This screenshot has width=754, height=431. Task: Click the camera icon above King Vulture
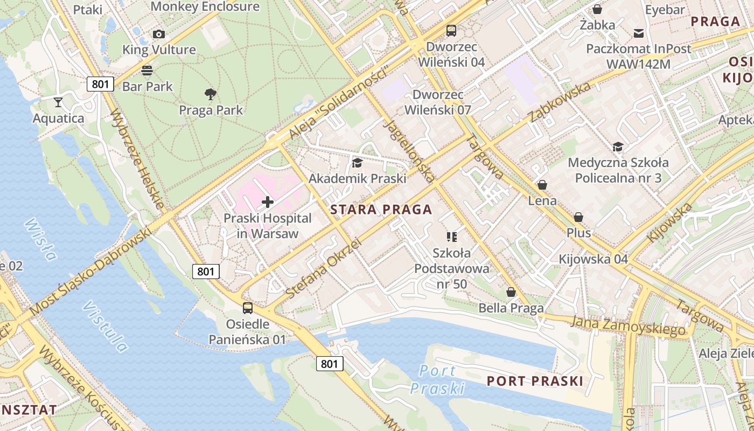pos(158,34)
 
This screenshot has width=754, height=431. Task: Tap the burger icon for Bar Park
pos(146,70)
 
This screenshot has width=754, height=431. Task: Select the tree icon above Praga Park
pos(211,94)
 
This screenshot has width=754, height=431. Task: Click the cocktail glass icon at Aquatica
pos(58,102)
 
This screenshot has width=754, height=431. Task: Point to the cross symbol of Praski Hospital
pos(267,203)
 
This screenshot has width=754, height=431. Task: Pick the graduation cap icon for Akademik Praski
pos(357,163)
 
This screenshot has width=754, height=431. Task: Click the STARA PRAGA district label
pos(381,210)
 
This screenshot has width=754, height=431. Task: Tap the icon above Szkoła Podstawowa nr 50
pos(451,237)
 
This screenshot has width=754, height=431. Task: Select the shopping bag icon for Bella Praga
pos(511,292)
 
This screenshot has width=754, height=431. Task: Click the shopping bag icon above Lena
pos(542,185)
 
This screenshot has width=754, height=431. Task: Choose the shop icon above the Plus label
pos(578,217)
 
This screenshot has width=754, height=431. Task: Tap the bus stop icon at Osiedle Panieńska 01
pos(247,308)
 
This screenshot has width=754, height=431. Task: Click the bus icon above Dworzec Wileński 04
pos(451,31)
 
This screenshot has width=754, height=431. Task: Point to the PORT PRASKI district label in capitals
pos(534,381)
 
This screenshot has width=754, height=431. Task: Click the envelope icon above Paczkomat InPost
pos(638,33)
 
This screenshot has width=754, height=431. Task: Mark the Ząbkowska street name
pos(560,102)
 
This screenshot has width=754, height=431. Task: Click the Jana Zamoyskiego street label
pos(629,325)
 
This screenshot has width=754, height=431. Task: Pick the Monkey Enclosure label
pos(205,6)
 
